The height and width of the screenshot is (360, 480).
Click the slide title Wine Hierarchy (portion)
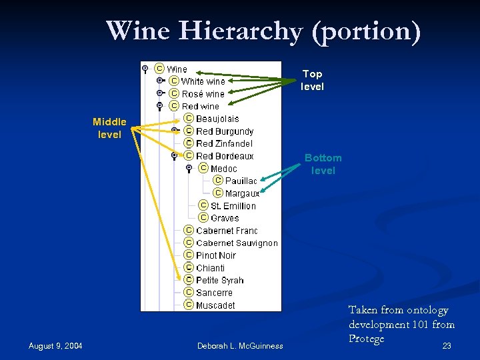263,31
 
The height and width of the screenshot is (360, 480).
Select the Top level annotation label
312,80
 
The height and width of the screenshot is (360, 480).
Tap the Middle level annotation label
109,128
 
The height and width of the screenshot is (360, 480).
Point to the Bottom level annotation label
323,164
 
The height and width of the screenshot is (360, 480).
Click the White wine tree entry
203,81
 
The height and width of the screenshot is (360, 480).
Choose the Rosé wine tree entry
203,94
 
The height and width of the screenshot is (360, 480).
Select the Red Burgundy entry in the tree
225,131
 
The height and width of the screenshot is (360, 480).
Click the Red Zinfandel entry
224,143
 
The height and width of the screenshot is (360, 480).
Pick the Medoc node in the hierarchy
223,169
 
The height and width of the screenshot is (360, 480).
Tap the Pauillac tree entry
241,181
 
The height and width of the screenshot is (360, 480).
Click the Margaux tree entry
242,193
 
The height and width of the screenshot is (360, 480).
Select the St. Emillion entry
233,206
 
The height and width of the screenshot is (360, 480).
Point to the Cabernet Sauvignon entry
237,243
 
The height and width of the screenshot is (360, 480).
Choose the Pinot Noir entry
216,255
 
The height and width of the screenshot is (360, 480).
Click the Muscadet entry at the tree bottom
215,305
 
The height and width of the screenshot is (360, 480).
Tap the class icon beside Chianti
189,267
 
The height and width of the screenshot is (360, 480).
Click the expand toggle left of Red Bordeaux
174,155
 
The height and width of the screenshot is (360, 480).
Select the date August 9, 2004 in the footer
55,345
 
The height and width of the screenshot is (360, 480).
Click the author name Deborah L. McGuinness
240,345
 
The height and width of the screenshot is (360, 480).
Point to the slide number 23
447,345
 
